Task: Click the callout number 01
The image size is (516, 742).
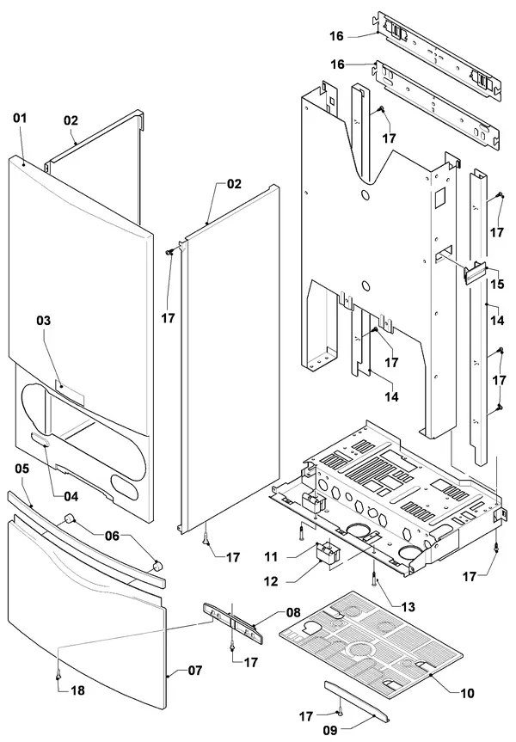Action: tap(20, 118)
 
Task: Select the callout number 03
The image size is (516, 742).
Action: tap(44, 321)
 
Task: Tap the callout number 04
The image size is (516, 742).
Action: tap(71, 496)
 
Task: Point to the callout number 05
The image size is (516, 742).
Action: tap(21, 469)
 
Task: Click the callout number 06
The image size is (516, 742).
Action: tap(112, 536)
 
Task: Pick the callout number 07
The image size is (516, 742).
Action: tap(195, 670)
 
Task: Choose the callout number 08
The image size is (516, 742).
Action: tap(293, 612)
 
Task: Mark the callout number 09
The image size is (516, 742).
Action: tap(330, 731)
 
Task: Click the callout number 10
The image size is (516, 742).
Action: tap(467, 693)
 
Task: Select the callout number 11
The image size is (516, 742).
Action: tap(271, 556)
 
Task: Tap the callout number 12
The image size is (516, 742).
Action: tap(271, 580)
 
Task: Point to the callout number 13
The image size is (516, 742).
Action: tap(408, 606)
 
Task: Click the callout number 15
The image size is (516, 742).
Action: tap(497, 284)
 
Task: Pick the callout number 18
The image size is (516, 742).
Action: tap(77, 690)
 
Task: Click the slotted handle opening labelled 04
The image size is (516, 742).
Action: tap(40, 439)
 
